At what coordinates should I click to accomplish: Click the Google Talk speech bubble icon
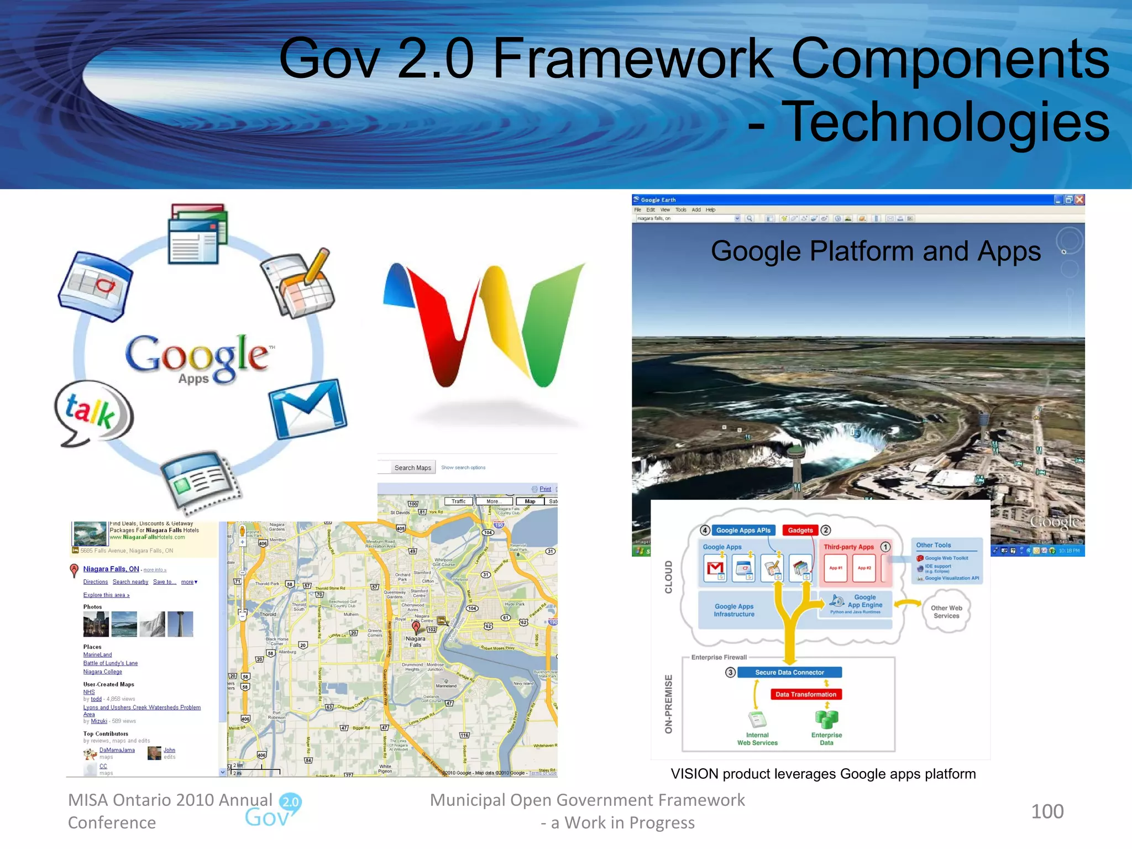(x=94, y=412)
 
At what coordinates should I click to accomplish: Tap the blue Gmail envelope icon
(x=308, y=409)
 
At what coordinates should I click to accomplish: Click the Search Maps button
(x=412, y=468)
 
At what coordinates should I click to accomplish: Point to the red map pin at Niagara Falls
(x=416, y=627)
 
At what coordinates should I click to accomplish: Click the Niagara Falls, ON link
(x=111, y=569)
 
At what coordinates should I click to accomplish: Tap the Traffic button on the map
(x=458, y=501)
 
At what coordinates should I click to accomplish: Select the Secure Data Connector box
(x=789, y=672)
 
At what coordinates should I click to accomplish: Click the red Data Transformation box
(x=805, y=694)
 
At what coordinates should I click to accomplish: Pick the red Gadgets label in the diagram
(x=800, y=530)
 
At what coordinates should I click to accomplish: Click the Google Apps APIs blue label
(x=743, y=530)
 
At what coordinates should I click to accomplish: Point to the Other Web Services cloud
(x=946, y=612)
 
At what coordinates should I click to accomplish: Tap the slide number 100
(x=1047, y=811)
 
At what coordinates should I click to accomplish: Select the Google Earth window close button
(x=1079, y=200)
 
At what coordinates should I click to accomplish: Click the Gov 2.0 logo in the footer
(x=274, y=811)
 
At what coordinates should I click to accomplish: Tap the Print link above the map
(x=545, y=489)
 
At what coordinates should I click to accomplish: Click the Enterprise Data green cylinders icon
(x=826, y=719)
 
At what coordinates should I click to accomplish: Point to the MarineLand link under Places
(x=97, y=655)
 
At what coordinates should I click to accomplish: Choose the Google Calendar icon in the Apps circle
(x=95, y=286)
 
